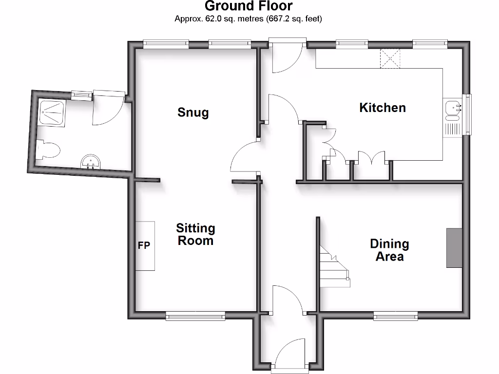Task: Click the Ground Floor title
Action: coord(249,6)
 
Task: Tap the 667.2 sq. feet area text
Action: coord(294,19)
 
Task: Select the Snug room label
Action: coord(193,112)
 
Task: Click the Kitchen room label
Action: coord(382,108)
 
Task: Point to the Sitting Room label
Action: coord(195,234)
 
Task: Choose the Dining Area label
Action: coord(389,250)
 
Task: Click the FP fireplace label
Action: coord(144,245)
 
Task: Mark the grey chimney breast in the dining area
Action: coord(454,248)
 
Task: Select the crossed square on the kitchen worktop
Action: coord(389,58)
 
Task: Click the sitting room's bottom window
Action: coord(195,317)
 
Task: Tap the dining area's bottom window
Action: coord(396,317)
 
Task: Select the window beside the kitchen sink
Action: coord(468,114)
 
